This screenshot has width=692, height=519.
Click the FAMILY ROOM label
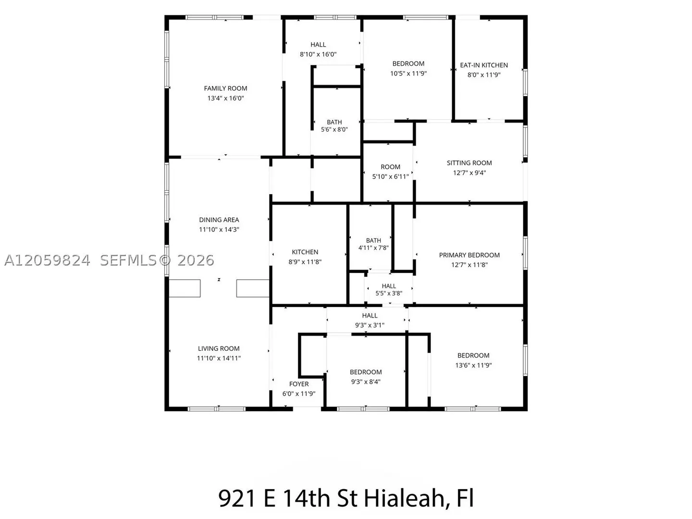click(x=225, y=88)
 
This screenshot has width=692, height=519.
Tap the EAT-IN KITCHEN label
click(x=483, y=65)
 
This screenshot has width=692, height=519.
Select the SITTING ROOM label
click(x=469, y=163)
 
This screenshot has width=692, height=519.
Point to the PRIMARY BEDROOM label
click(x=469, y=255)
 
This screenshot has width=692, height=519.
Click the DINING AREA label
click(x=219, y=220)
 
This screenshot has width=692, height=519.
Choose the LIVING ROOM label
click(x=219, y=348)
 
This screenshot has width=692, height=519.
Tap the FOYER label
click(x=299, y=384)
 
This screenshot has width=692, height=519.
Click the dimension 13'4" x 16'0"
click(x=225, y=98)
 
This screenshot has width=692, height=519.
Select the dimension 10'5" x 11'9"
click(x=408, y=74)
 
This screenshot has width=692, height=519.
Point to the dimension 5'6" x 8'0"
click(x=334, y=129)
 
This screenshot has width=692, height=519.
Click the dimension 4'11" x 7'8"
click(x=373, y=247)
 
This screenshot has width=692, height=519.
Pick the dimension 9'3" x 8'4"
click(x=366, y=382)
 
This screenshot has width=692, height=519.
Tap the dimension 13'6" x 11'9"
click(x=473, y=365)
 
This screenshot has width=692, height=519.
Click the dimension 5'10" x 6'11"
click(x=390, y=176)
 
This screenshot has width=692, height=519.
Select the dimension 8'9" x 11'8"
click(x=305, y=261)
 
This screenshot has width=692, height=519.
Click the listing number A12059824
click(x=47, y=260)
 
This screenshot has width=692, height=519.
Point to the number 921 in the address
click(x=237, y=498)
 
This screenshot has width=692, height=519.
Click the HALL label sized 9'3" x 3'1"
click(x=370, y=315)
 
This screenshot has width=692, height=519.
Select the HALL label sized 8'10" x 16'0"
click(x=318, y=44)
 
